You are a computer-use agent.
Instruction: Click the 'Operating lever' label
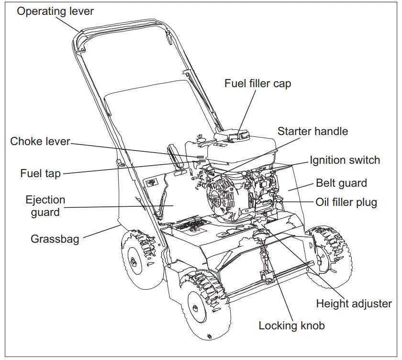[x=55, y=11]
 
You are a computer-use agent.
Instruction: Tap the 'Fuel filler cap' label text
[x=257, y=83]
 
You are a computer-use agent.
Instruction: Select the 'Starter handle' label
[x=313, y=131]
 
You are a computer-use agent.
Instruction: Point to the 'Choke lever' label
[x=40, y=141]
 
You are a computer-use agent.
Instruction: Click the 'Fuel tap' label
[x=40, y=173]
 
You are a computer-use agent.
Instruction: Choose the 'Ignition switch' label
[x=345, y=160]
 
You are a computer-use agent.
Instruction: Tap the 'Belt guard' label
[x=341, y=183]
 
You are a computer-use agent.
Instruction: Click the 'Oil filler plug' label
[x=346, y=202]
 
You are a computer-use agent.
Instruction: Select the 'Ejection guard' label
[x=45, y=206]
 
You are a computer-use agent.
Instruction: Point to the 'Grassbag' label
[x=55, y=238]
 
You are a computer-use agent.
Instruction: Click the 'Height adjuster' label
[x=354, y=304]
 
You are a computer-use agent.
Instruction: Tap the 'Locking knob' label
[x=291, y=326]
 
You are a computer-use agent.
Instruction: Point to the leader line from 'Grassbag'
[x=100, y=232]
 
